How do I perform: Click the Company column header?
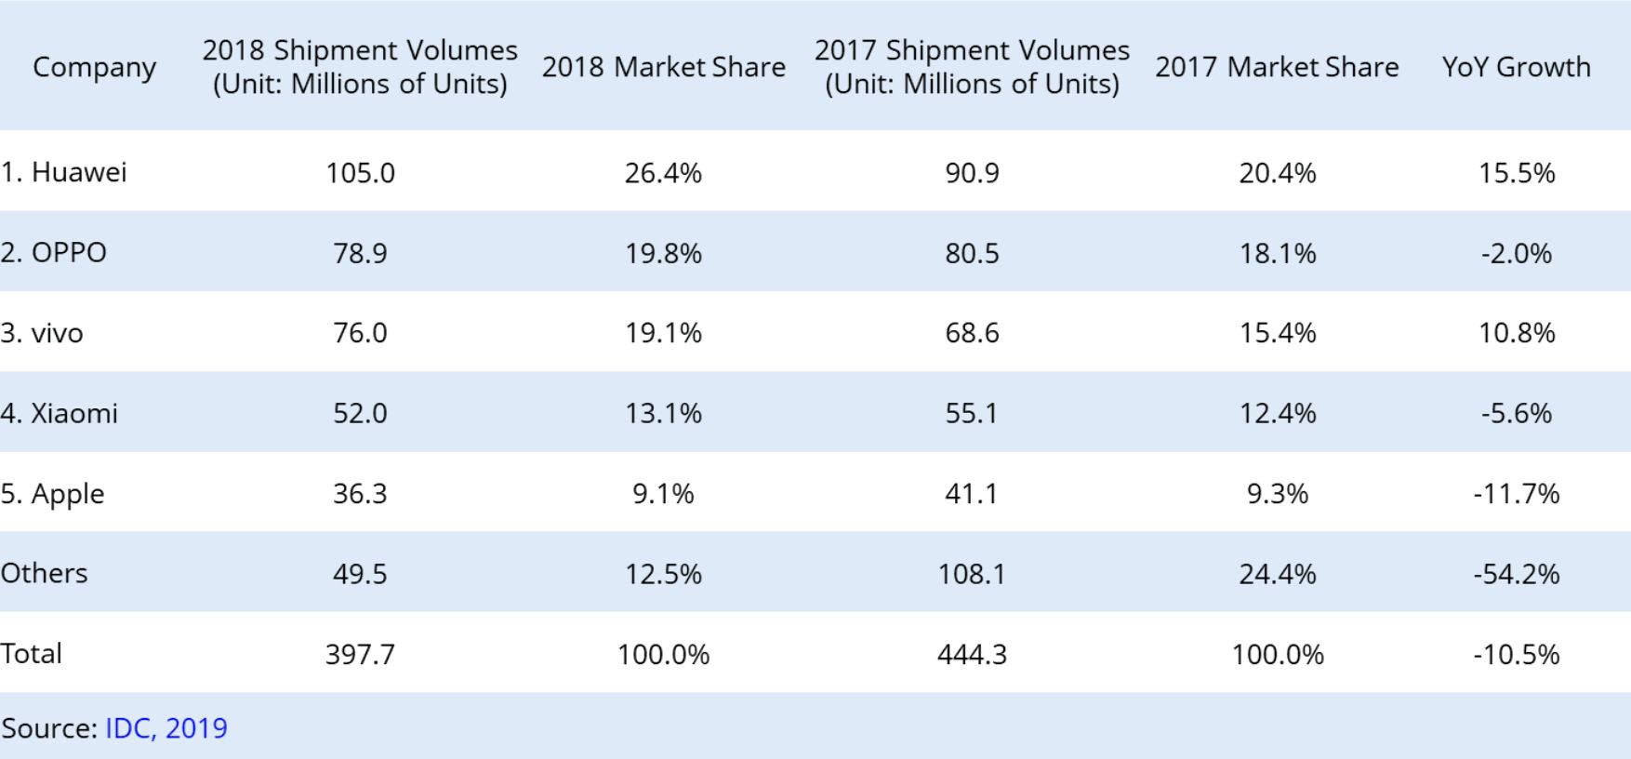click(94, 67)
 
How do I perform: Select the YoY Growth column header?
click(1516, 67)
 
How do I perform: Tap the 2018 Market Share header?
click(663, 67)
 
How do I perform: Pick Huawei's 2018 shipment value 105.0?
click(360, 173)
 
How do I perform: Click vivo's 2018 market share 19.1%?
click(663, 333)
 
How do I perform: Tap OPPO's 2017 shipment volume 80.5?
click(972, 253)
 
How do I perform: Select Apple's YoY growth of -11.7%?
click(1516, 493)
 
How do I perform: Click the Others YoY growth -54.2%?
click(1516, 574)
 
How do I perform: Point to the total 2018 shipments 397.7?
click(360, 654)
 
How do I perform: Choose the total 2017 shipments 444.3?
click(972, 654)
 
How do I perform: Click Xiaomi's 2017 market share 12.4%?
click(1277, 413)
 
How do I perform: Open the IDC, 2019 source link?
click(166, 727)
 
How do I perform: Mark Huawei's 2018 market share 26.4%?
click(663, 173)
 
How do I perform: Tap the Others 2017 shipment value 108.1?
click(972, 574)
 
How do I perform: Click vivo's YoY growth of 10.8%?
click(1516, 333)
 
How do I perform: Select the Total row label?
click(32, 653)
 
